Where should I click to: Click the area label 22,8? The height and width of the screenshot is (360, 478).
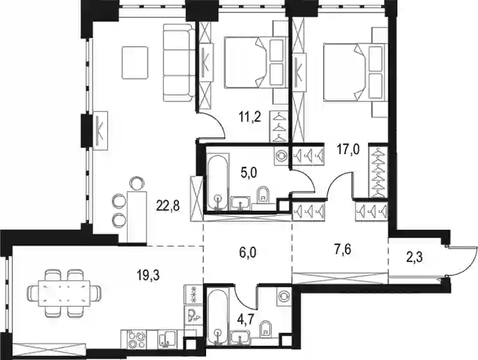(x=168, y=207)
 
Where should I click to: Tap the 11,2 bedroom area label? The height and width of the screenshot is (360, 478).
(x=250, y=117)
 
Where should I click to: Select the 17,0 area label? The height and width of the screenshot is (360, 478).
(x=348, y=150)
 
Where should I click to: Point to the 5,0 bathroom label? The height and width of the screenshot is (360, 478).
(x=249, y=173)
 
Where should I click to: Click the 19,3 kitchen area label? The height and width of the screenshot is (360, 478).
(x=148, y=275)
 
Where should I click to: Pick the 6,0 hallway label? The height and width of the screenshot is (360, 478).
(x=248, y=253)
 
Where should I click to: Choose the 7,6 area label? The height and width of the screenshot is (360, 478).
(x=343, y=250)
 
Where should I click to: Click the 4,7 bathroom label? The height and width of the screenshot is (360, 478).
(x=245, y=320)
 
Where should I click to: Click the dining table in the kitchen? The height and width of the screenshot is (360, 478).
(x=64, y=293)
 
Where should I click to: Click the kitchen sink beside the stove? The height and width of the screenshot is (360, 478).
(x=167, y=339)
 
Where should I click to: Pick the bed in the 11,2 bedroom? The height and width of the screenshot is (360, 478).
(x=256, y=62)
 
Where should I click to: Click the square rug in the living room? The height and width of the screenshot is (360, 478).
(x=135, y=62)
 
